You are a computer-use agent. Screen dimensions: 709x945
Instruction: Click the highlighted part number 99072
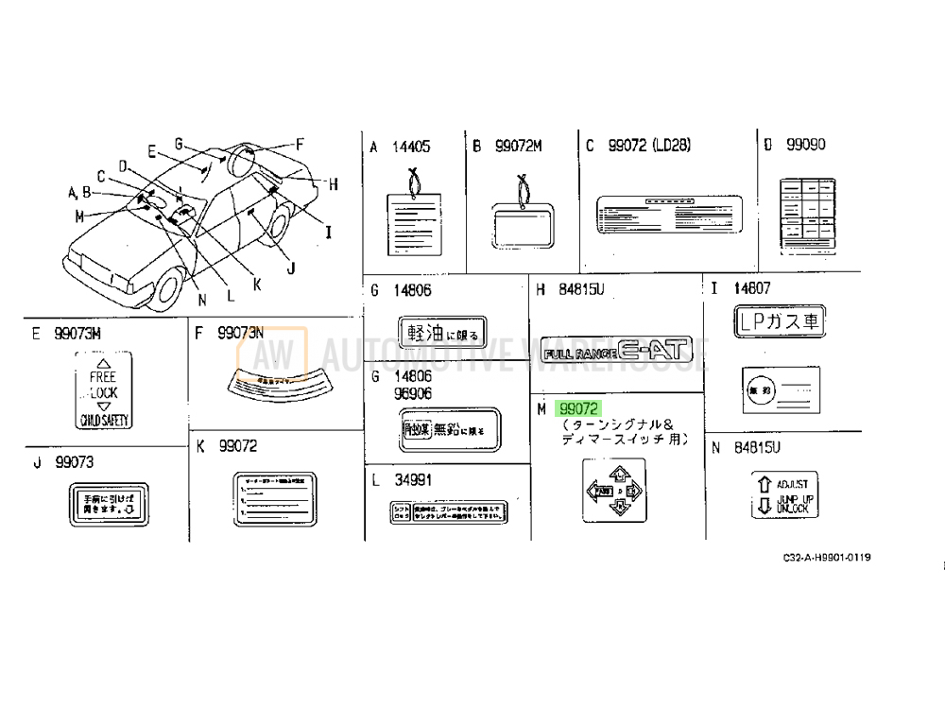578,409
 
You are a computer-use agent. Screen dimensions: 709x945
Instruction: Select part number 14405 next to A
411,147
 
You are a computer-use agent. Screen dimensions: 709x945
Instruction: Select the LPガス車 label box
780,321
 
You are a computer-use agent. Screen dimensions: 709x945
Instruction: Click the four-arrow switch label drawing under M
613,490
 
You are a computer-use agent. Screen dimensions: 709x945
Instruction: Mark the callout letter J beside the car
291,268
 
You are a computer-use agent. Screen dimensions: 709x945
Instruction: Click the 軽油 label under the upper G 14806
441,332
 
